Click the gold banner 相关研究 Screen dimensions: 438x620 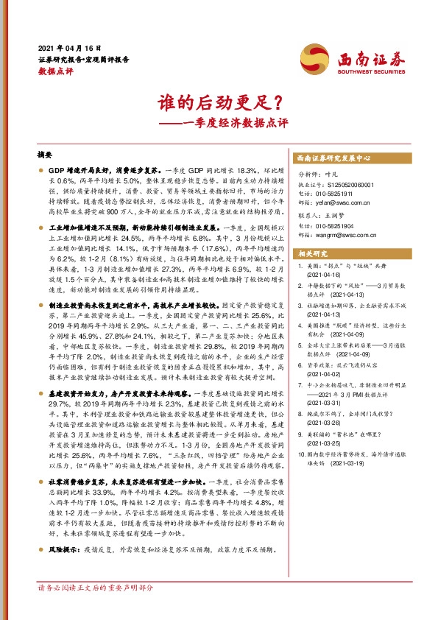coord(313,253)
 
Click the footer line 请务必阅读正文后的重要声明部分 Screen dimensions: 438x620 coord(96,587)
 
